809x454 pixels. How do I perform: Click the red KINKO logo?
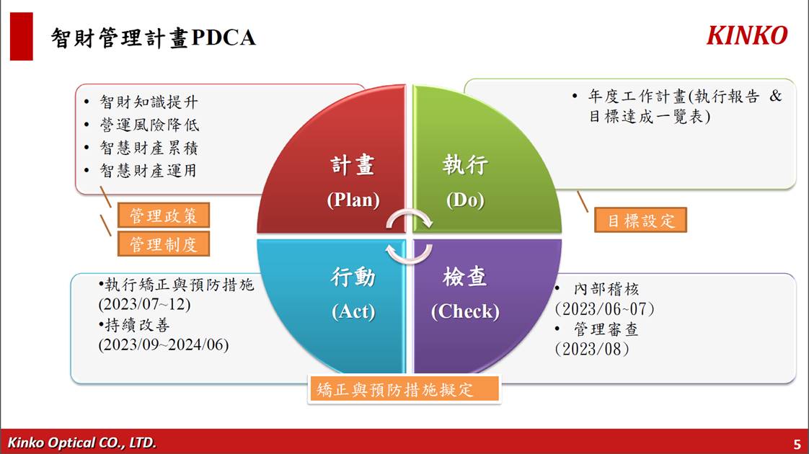(746, 35)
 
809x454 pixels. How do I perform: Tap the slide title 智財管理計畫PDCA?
(154, 37)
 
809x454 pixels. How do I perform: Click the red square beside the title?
(21, 37)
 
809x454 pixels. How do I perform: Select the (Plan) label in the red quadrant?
(353, 200)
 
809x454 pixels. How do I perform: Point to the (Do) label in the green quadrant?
(465, 200)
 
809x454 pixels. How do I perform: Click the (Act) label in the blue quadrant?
(353, 311)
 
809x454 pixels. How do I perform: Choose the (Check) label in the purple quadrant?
(465, 311)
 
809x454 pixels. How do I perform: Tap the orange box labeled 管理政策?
(164, 215)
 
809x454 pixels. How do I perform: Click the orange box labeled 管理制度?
(164, 244)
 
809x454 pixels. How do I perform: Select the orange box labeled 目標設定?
(641, 221)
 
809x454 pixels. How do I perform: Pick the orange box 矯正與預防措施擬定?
(404, 389)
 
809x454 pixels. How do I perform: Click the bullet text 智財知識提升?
(149, 102)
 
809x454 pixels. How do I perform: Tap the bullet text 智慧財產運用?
(148, 170)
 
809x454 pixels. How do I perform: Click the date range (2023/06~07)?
(605, 309)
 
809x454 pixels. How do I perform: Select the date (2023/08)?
(592, 350)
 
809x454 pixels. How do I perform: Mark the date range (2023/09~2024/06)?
(164, 344)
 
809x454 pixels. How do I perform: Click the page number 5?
(797, 444)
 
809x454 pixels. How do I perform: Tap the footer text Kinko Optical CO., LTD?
(81, 442)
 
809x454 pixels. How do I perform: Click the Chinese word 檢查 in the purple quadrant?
(465, 277)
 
